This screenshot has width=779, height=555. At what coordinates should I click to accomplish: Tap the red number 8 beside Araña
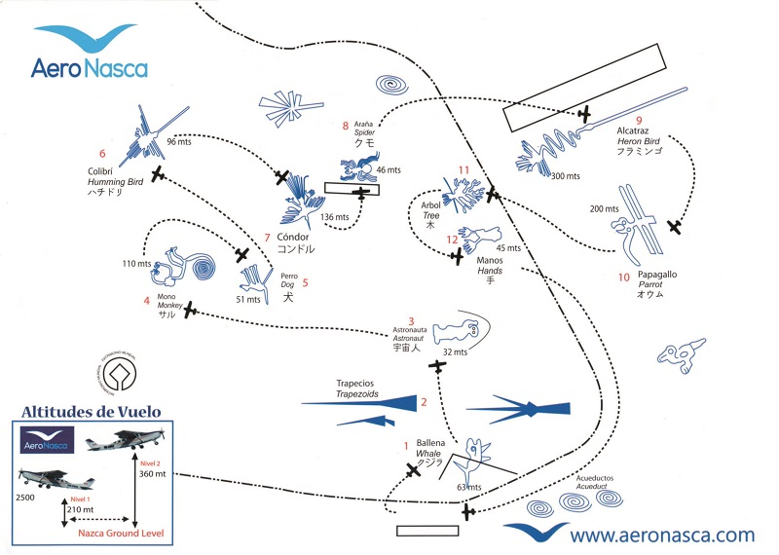(346, 125)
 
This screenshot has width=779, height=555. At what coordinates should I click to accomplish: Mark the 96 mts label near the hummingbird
(178, 142)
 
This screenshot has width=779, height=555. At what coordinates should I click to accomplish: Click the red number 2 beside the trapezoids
(424, 401)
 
